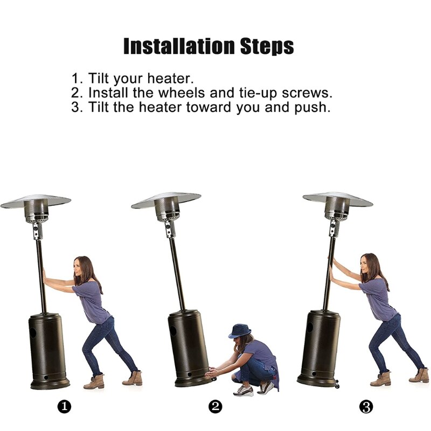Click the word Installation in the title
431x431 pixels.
179,46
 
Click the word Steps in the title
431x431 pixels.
267,47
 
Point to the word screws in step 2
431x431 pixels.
307,93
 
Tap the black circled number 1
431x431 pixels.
64,406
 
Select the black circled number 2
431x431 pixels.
215,406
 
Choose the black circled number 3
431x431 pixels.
366,406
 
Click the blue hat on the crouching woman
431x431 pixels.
240,331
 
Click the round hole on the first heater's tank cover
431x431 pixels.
33,332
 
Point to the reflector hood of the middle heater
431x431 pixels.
166,200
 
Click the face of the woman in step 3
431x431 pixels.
364,265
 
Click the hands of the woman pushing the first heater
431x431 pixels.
44,275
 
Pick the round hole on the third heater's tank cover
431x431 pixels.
310,326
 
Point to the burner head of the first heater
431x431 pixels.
36,211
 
